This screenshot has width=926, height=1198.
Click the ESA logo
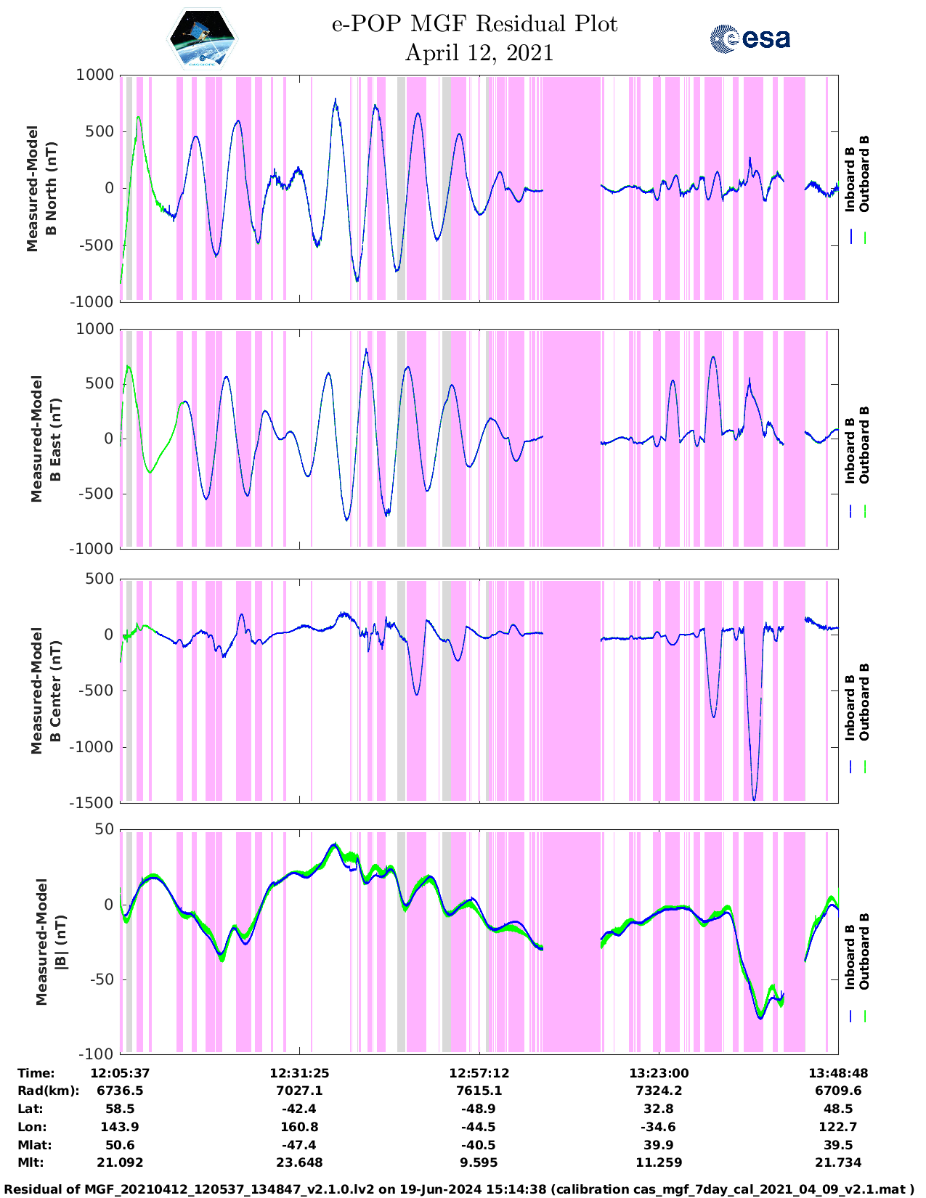click(750, 38)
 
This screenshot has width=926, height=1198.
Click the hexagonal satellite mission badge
click(203, 39)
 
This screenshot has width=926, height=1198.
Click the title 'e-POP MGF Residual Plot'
click(474, 24)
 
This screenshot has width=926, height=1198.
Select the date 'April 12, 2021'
click(479, 53)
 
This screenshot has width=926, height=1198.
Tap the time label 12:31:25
click(299, 1073)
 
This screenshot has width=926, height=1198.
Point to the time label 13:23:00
click(658, 1073)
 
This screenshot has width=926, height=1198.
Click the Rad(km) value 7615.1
click(479, 1091)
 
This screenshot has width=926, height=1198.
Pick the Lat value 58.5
click(120, 1109)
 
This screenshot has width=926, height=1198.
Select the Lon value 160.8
click(299, 1127)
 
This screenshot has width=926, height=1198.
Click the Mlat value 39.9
click(658, 1145)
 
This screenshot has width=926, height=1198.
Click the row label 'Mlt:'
click(31, 1162)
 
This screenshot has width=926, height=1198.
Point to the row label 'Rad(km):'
click(48, 1091)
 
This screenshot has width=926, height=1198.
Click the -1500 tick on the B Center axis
click(91, 803)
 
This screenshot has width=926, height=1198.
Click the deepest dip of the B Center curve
click(754, 799)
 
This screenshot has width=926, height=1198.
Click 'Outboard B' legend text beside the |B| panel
click(864, 951)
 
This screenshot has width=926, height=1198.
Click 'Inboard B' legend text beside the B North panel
click(850, 174)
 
